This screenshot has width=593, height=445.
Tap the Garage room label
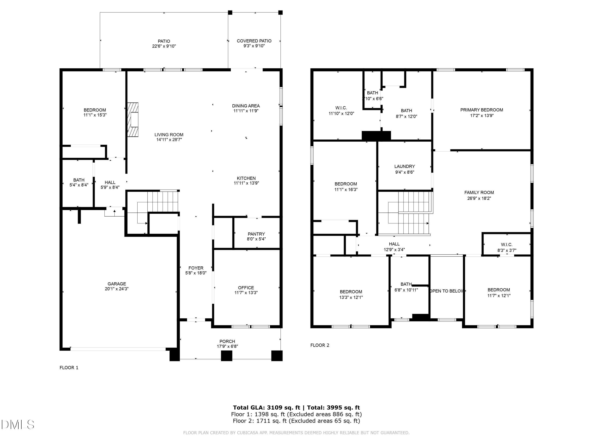point(117,284)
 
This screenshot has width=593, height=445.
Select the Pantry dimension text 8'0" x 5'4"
point(256,239)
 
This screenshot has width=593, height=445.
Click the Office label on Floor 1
point(246,288)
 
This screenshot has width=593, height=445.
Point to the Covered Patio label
point(254,41)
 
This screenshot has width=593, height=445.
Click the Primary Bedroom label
point(482,110)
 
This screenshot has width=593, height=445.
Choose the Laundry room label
point(405,166)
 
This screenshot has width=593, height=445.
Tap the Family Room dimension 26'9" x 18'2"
point(479,199)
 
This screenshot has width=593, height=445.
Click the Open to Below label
point(446,291)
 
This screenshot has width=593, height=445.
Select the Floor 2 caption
point(320,345)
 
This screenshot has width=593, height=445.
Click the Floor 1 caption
point(69,368)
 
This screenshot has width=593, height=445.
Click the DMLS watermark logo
point(18,425)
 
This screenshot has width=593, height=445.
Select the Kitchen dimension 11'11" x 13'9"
point(246,183)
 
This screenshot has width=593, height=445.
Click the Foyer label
point(196,268)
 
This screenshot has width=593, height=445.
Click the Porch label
point(227,341)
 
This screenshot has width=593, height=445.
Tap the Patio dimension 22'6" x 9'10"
point(164,46)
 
